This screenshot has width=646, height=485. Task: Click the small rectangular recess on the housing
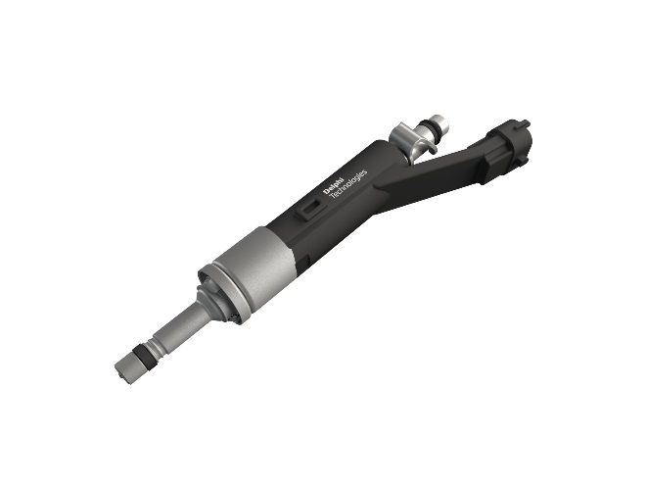[x=308, y=209]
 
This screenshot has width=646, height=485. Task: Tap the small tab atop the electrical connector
[x=526, y=121]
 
